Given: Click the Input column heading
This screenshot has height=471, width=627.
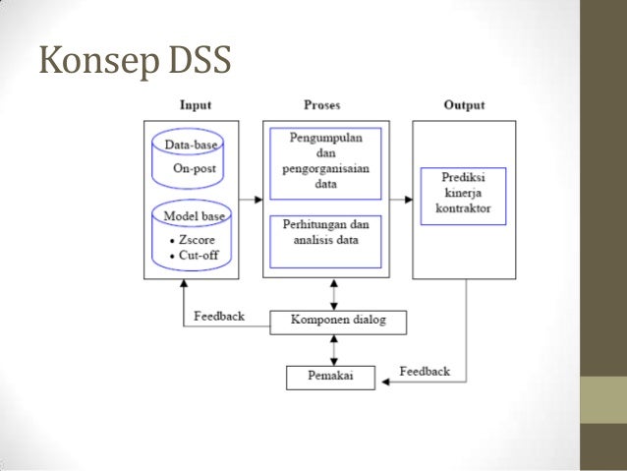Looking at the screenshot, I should (x=195, y=104).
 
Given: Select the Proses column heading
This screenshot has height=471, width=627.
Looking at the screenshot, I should (x=324, y=104).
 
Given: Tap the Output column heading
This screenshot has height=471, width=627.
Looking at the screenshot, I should (x=462, y=104).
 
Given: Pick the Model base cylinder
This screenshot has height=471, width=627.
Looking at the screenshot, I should (x=194, y=236).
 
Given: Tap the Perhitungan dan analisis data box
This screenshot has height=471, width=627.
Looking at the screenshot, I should (x=325, y=239).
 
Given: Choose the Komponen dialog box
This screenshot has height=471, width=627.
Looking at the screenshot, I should (x=338, y=321).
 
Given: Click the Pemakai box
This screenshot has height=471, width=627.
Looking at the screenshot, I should (x=332, y=376).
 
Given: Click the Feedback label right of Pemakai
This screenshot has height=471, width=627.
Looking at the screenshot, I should (x=425, y=371).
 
